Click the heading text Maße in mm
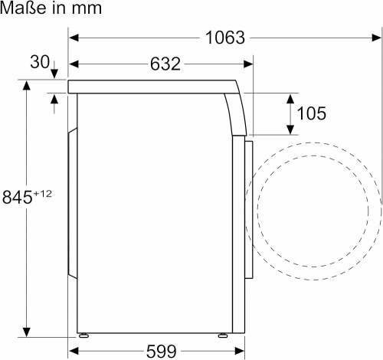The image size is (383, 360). [x=51, y=9]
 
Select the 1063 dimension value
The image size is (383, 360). [x=224, y=38]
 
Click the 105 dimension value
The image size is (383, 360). [x=311, y=113]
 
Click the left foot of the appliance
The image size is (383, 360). [x=83, y=335]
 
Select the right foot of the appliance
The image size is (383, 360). [x=222, y=335]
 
